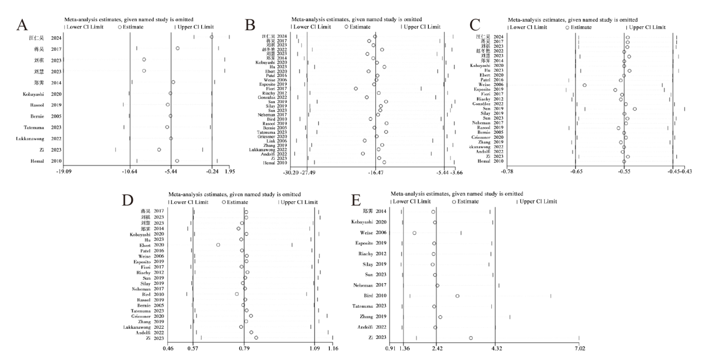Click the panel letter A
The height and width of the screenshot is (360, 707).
click(x=22, y=25)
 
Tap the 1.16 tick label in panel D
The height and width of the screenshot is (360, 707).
click(x=333, y=349)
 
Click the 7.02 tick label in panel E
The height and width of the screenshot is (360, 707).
click(x=579, y=349)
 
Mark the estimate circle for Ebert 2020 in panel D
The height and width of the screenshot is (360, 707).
click(x=218, y=245)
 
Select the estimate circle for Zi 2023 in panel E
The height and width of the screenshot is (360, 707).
click(x=471, y=338)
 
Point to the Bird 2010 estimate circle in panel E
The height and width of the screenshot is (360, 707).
click(x=457, y=296)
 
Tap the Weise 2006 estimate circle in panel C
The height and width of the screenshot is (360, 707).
click(x=584, y=85)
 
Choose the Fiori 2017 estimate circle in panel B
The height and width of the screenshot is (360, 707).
click(x=356, y=89)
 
